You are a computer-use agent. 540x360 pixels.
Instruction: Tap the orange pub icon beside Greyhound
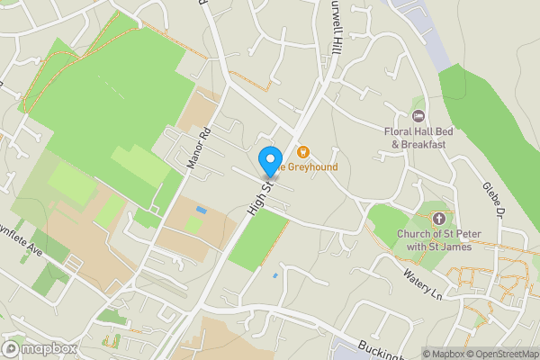[302, 152]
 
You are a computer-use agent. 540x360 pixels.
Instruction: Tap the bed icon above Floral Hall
[418, 116]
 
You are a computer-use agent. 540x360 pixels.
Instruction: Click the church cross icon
[439, 218]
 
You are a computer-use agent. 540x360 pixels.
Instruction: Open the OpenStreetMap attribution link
[496, 354]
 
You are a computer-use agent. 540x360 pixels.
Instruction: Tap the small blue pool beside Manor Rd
[200, 211]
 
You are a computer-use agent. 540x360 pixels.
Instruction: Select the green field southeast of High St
[257, 239]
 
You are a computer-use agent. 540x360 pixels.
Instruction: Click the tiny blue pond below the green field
[274, 274]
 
